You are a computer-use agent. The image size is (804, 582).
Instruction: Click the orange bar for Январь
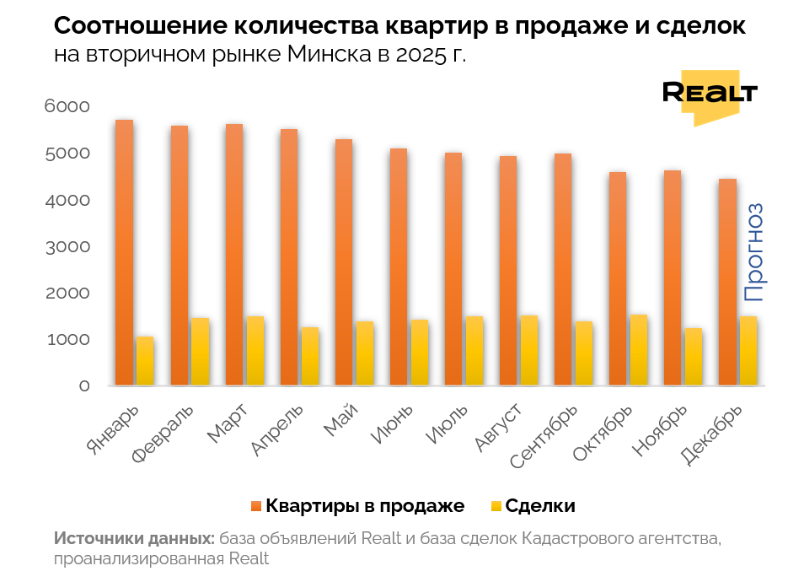click(x=124, y=253)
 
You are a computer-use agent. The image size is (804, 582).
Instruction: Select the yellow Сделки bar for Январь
click(x=145, y=361)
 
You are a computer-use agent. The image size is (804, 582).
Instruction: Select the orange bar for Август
click(x=507, y=271)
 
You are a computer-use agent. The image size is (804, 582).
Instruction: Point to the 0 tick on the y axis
click(x=84, y=386)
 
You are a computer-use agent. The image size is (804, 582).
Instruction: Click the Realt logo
click(x=710, y=94)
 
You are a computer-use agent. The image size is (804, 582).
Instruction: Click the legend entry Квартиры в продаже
click(x=365, y=506)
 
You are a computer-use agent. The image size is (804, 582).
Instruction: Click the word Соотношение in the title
click(x=139, y=25)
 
